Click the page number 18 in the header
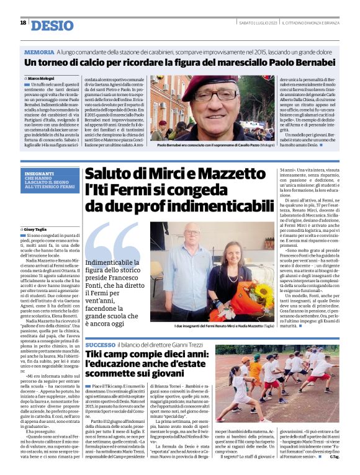pos(23,23)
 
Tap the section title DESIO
pos(51,25)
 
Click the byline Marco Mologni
pos(42,79)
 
